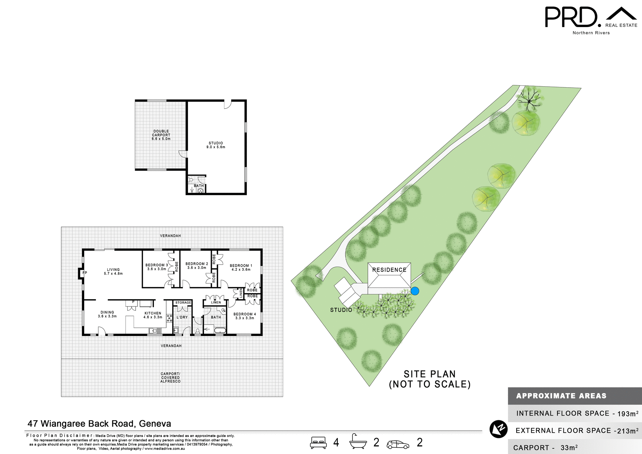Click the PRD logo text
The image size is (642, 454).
[x=571, y=17]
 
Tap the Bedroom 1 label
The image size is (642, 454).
[x=241, y=267]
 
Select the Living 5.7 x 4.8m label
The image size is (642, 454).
[x=113, y=271]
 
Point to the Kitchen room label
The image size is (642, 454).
[x=153, y=315]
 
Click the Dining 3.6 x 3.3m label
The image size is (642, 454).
[x=107, y=314]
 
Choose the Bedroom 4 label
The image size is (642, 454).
[x=244, y=316]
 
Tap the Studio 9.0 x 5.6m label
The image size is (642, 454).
[x=216, y=145]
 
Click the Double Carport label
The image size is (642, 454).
[x=161, y=135]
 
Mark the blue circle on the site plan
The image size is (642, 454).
[x=415, y=291]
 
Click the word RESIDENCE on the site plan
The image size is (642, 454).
[x=389, y=270]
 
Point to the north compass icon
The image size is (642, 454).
[x=498, y=429]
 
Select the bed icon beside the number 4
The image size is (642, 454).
[x=318, y=442]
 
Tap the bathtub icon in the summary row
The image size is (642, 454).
[x=358, y=442]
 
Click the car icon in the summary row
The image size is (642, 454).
[x=398, y=445]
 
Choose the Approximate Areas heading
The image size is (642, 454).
[x=561, y=396]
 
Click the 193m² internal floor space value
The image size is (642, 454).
[x=628, y=414]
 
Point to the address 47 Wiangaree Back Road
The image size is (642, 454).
[x=99, y=424]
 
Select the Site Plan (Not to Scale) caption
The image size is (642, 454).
[x=430, y=379]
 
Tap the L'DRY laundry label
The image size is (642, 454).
[x=182, y=317]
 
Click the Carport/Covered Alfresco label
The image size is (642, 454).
[x=170, y=377]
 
